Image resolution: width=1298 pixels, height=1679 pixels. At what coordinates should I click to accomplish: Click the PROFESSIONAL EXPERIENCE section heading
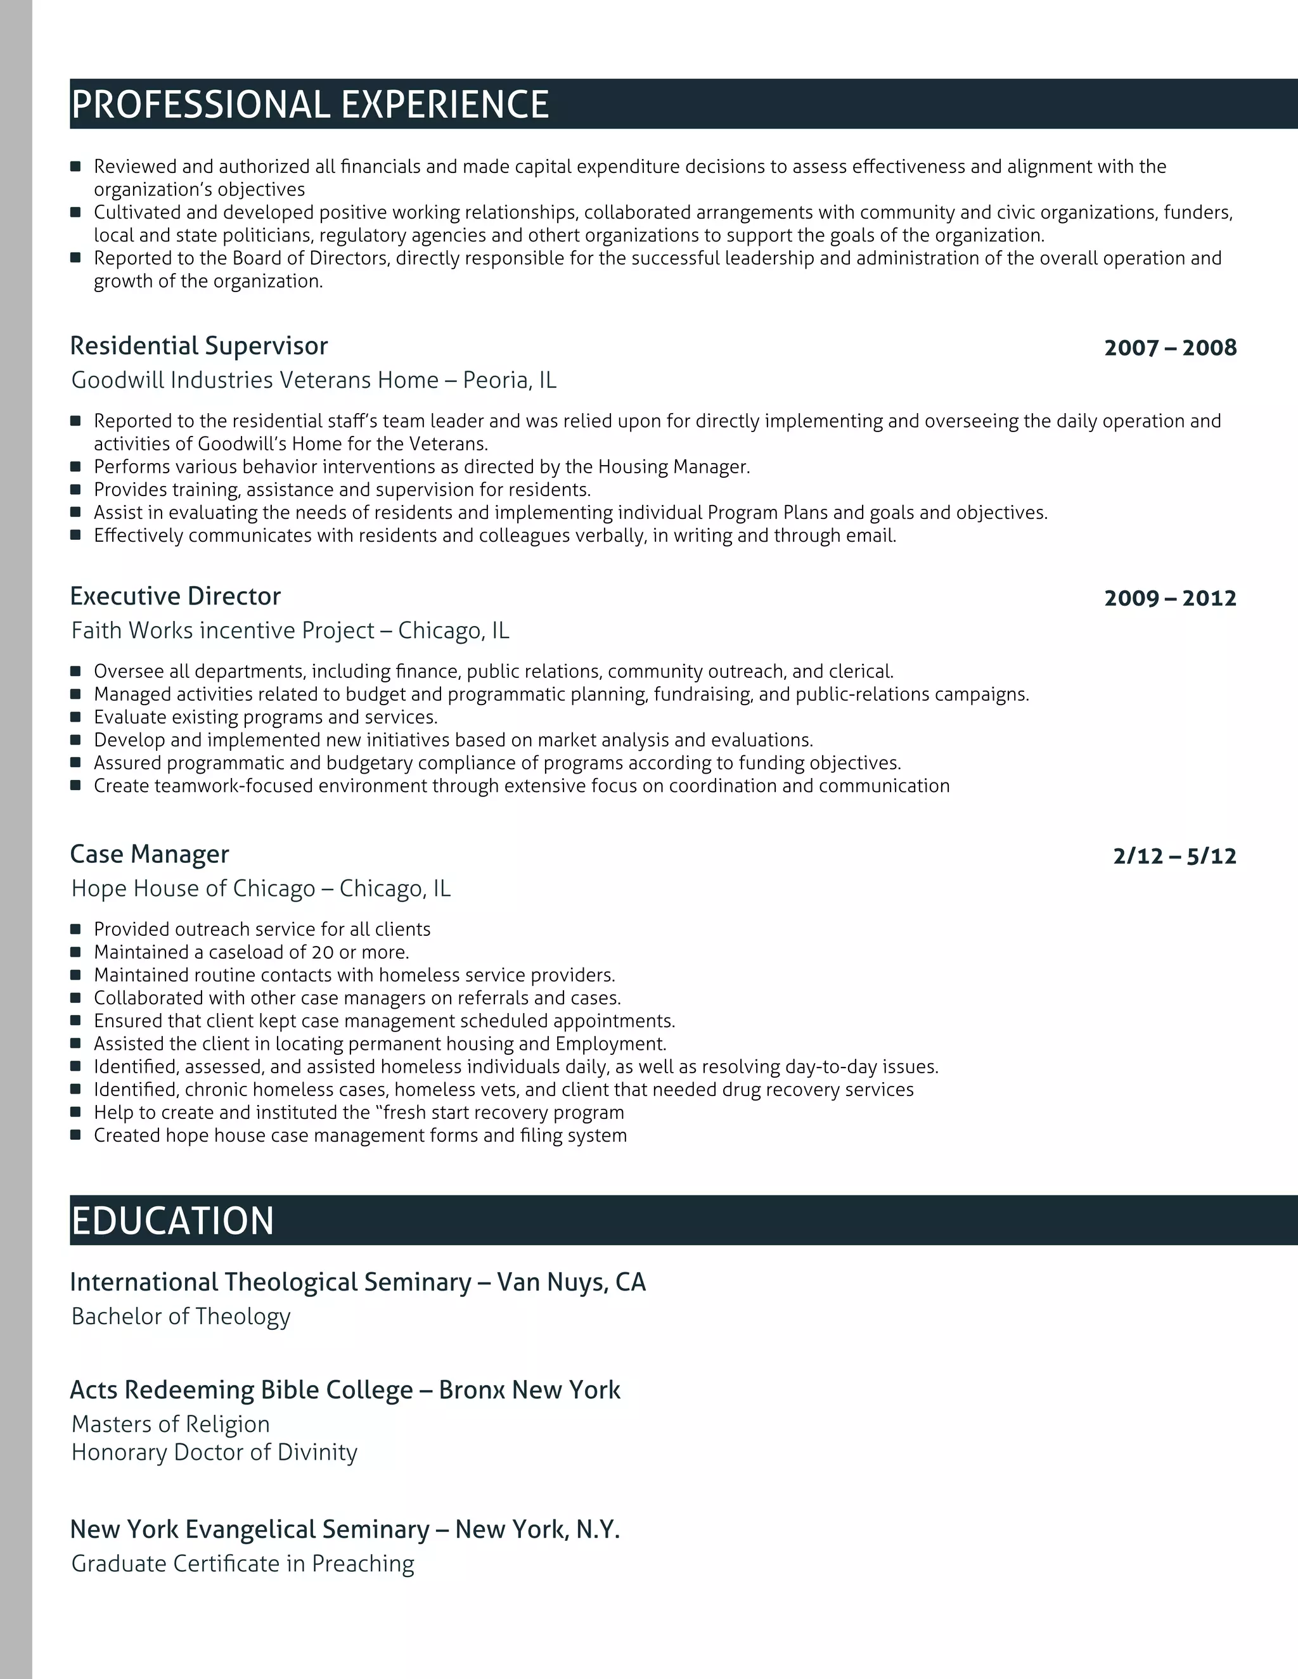(x=310, y=105)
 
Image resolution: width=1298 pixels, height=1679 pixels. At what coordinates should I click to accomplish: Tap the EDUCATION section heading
(x=172, y=1221)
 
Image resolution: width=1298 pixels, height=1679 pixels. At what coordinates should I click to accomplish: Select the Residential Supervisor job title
(x=198, y=346)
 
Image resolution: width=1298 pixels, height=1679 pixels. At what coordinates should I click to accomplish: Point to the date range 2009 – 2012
(x=1169, y=598)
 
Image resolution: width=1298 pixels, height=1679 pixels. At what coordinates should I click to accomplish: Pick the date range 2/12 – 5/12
(x=1174, y=855)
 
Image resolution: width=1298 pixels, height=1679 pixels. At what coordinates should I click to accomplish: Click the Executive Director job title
(x=176, y=597)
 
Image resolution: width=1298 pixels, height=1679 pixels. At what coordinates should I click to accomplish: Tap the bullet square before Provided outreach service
(x=75, y=929)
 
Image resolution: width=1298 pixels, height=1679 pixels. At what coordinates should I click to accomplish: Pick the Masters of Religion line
(x=170, y=1424)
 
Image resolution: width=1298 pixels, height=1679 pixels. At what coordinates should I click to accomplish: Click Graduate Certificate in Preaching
(x=242, y=1564)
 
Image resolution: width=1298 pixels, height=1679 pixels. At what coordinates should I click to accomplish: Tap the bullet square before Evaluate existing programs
(x=75, y=717)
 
